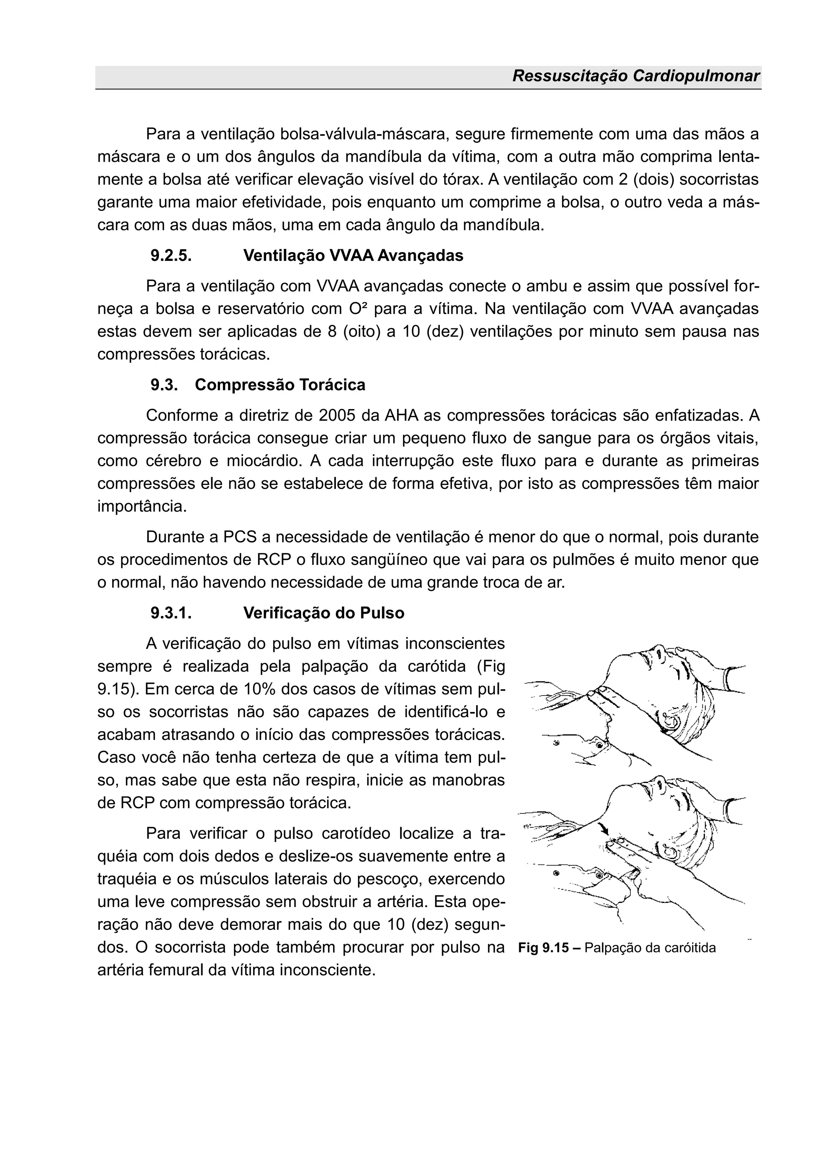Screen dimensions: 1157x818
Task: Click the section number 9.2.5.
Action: click(171, 255)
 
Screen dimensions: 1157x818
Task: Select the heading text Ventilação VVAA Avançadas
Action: click(353, 255)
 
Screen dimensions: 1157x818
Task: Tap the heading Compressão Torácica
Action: click(280, 385)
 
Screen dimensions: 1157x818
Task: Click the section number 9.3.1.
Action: click(171, 613)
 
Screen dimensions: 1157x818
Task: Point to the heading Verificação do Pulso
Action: click(324, 613)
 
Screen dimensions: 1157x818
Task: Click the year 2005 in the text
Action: click(336, 416)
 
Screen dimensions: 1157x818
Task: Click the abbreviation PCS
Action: click(239, 537)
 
